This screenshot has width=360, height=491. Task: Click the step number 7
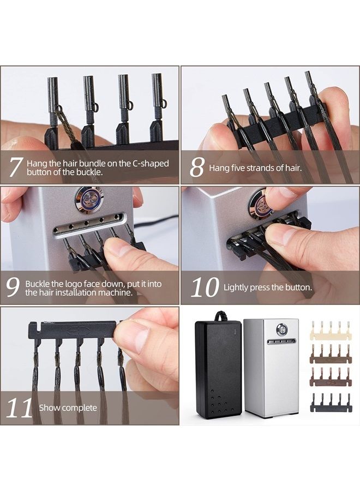pos(16,167)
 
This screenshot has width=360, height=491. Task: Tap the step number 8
pos(197,167)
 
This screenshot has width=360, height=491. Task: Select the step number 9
pos(13,287)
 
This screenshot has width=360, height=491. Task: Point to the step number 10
pos(205,287)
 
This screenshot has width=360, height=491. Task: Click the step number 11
pos(20,408)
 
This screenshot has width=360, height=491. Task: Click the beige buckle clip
pos(331,331)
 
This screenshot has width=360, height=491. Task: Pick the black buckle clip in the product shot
pos(331,403)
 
